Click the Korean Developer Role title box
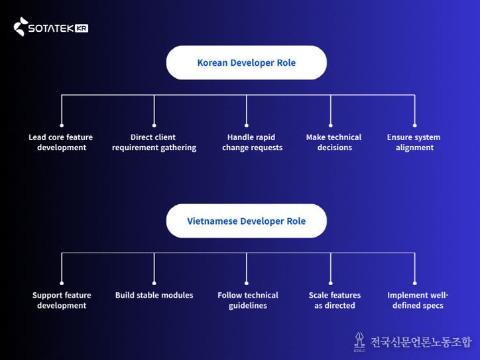[246, 63]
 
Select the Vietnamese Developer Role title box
[246, 221]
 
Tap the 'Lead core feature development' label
[61, 143]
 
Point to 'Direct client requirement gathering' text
[154, 143]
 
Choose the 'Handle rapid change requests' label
[252, 143]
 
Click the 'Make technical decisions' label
[334, 143]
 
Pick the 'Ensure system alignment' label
[414, 143]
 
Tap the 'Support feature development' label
[62, 300]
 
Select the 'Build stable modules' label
[154, 295]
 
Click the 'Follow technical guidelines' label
[248, 300]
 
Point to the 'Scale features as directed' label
[335, 300]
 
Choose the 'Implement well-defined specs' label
[418, 300]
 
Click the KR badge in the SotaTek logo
[82, 29]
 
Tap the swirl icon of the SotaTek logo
[21, 27]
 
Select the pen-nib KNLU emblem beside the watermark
[359, 341]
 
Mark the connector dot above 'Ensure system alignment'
[415, 125]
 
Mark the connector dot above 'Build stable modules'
[154, 283]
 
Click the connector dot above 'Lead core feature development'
[62, 125]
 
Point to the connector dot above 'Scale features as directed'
[331, 283]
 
